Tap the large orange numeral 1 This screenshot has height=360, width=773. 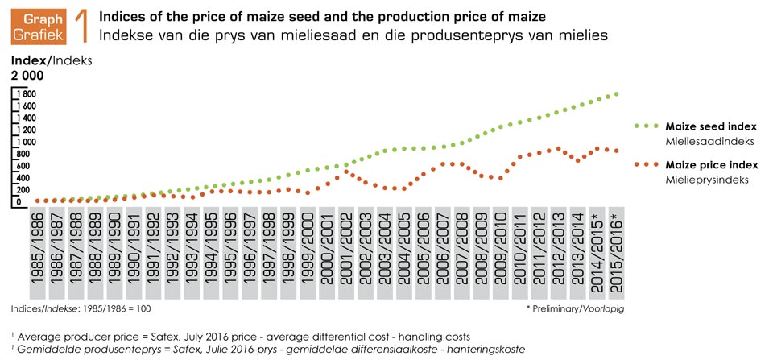(79, 26)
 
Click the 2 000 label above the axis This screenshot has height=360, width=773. (26, 77)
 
